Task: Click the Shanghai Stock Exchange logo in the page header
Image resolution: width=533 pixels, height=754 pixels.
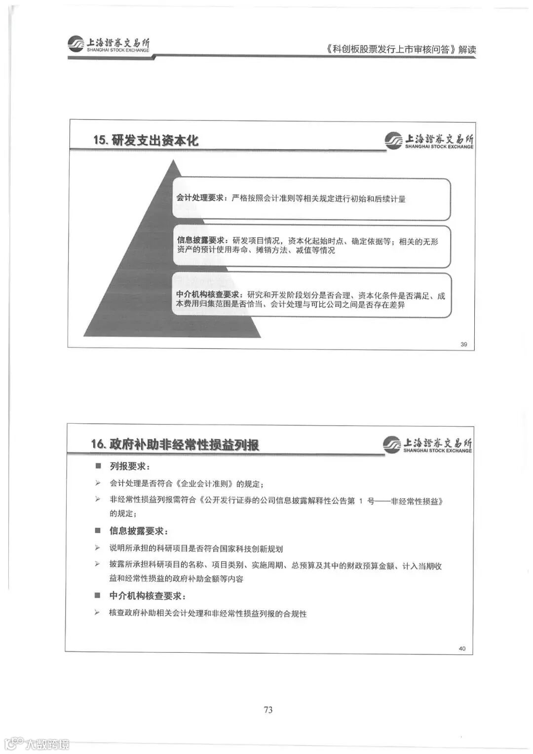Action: tap(109, 44)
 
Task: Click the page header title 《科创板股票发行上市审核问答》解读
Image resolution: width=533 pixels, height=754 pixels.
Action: tap(401, 49)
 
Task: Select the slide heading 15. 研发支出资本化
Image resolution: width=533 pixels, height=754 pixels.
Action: tap(146, 140)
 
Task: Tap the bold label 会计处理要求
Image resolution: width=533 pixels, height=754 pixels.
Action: tap(200, 198)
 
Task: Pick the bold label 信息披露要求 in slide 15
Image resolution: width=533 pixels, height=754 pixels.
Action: tap(201, 240)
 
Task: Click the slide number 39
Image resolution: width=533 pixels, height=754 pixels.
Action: tap(463, 344)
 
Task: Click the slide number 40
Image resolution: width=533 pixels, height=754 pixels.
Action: tap(462, 648)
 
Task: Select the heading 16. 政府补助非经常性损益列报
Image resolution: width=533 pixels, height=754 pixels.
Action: tap(175, 444)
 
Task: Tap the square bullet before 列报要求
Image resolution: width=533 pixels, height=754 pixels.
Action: tap(98, 466)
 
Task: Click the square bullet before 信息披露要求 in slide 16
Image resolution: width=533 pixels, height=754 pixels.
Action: tap(98, 531)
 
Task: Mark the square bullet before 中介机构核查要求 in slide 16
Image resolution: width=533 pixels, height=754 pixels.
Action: tap(98, 595)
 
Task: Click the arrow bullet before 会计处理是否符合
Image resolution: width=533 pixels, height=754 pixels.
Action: tap(98, 483)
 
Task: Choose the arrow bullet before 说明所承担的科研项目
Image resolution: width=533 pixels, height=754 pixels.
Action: tap(98, 548)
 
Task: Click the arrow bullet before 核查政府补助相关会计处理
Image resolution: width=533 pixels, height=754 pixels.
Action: tap(97, 613)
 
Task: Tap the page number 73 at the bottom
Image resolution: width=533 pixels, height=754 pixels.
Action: tap(268, 710)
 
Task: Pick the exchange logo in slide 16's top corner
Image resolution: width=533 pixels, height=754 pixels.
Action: tap(427, 444)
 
